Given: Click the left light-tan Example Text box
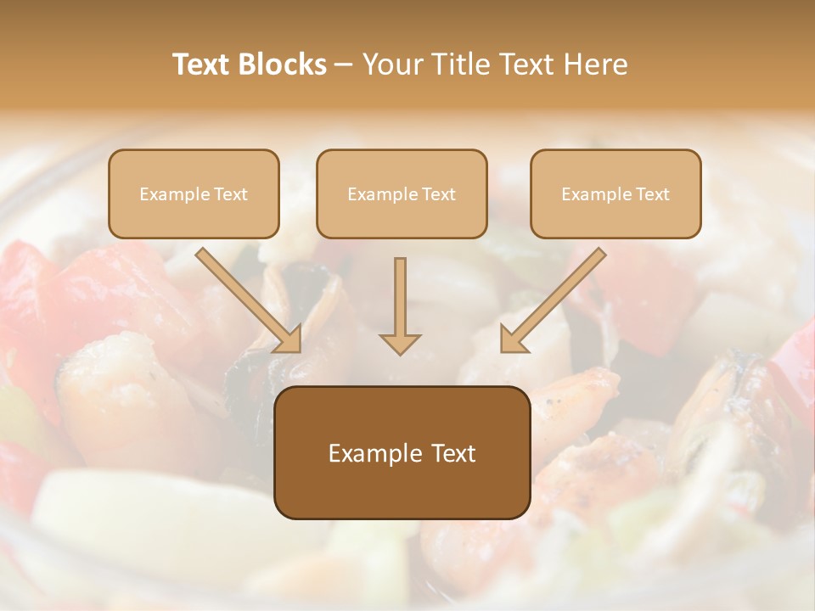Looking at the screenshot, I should [194, 194].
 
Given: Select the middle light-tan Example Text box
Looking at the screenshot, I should [402, 194].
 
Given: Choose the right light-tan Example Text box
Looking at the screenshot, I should [615, 194].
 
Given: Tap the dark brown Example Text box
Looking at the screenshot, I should [402, 452].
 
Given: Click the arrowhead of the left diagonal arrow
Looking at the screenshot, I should [289, 341].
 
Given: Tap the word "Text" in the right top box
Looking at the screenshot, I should [652, 194].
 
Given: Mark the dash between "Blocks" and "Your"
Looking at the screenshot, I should [344, 65].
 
